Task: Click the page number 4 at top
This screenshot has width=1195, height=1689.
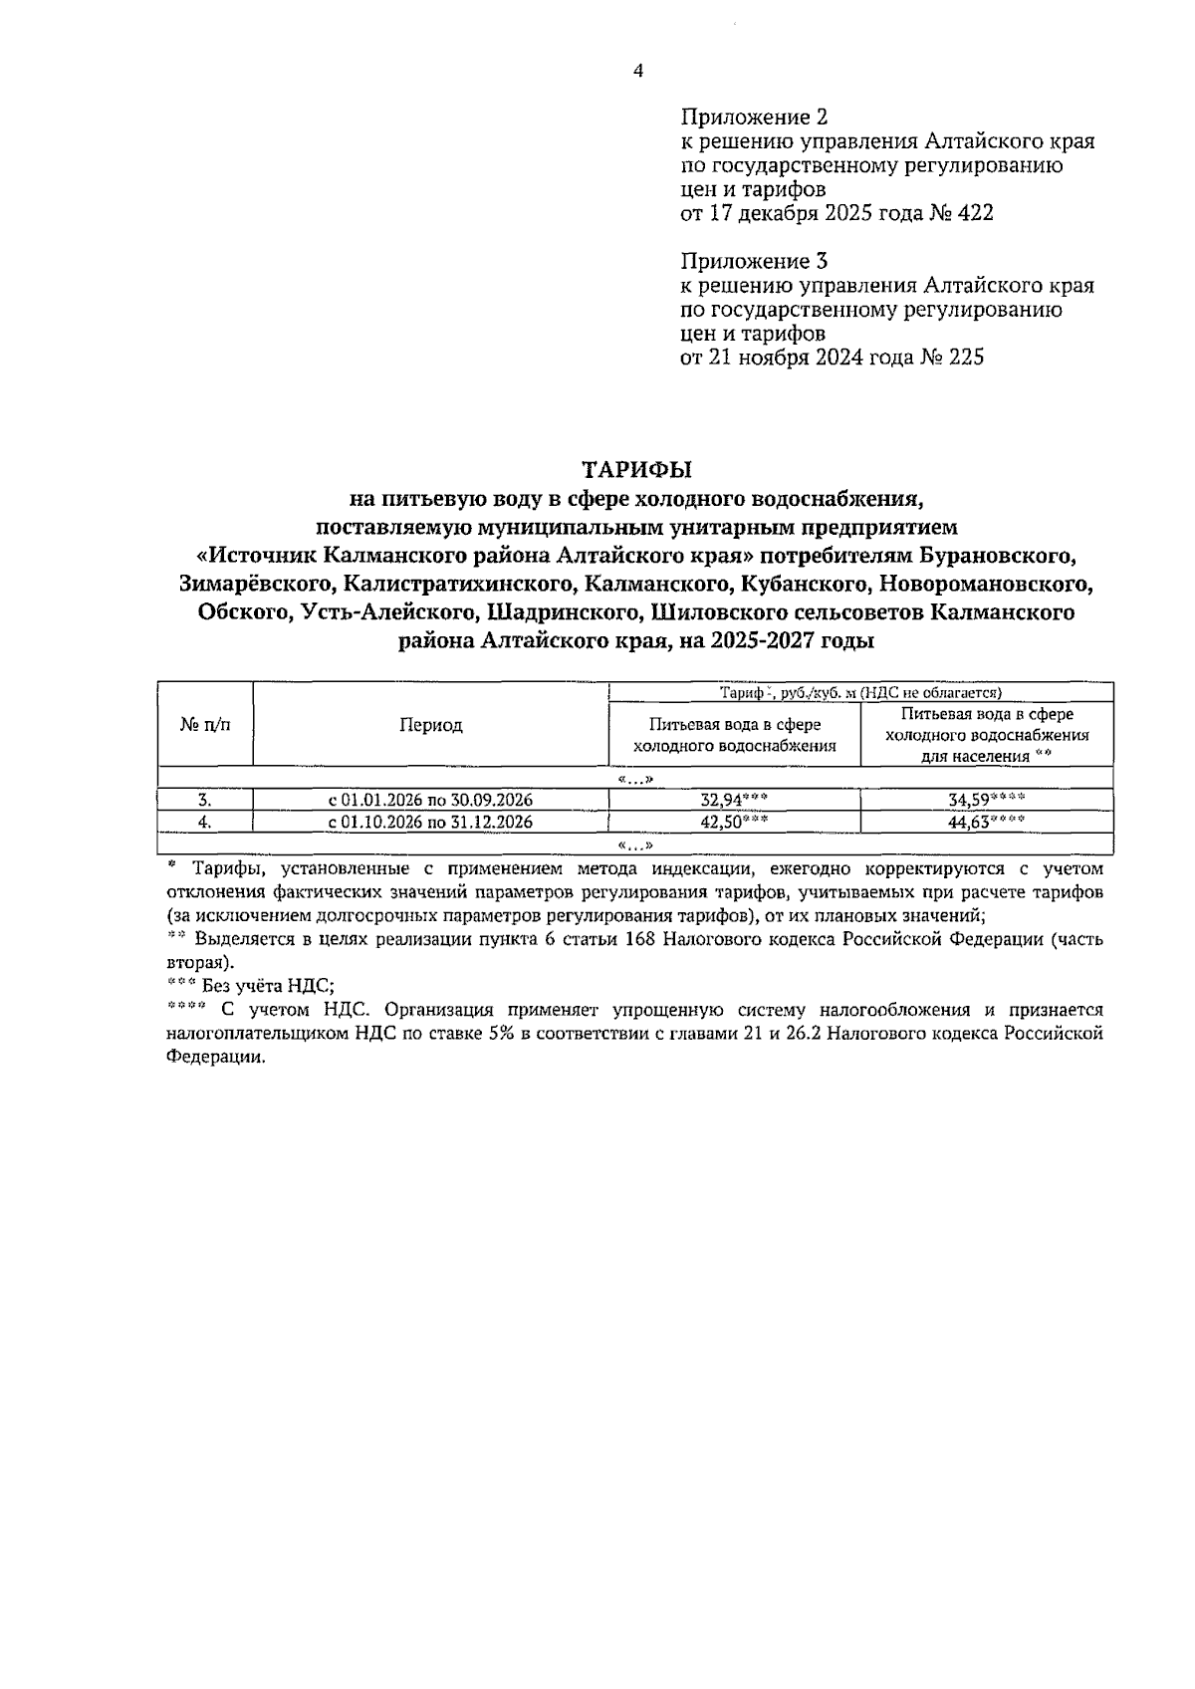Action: click(637, 71)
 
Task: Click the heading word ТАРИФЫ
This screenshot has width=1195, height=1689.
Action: click(636, 468)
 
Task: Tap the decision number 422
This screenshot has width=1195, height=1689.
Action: click(973, 213)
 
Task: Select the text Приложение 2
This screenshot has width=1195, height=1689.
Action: click(754, 118)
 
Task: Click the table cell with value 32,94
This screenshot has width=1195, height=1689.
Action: click(734, 800)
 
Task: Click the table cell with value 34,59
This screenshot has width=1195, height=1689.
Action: click(986, 800)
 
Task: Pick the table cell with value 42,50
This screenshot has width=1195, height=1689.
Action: click(734, 822)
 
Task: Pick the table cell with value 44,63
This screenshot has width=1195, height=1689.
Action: click(986, 822)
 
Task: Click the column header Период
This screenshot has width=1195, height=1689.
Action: click(430, 725)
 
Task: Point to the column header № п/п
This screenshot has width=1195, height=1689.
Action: click(205, 725)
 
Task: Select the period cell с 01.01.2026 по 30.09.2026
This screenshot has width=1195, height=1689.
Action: click(430, 800)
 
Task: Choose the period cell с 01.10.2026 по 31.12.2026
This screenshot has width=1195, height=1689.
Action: click(430, 822)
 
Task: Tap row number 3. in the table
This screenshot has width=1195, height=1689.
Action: click(204, 800)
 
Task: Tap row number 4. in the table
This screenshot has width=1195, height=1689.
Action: click(204, 822)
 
